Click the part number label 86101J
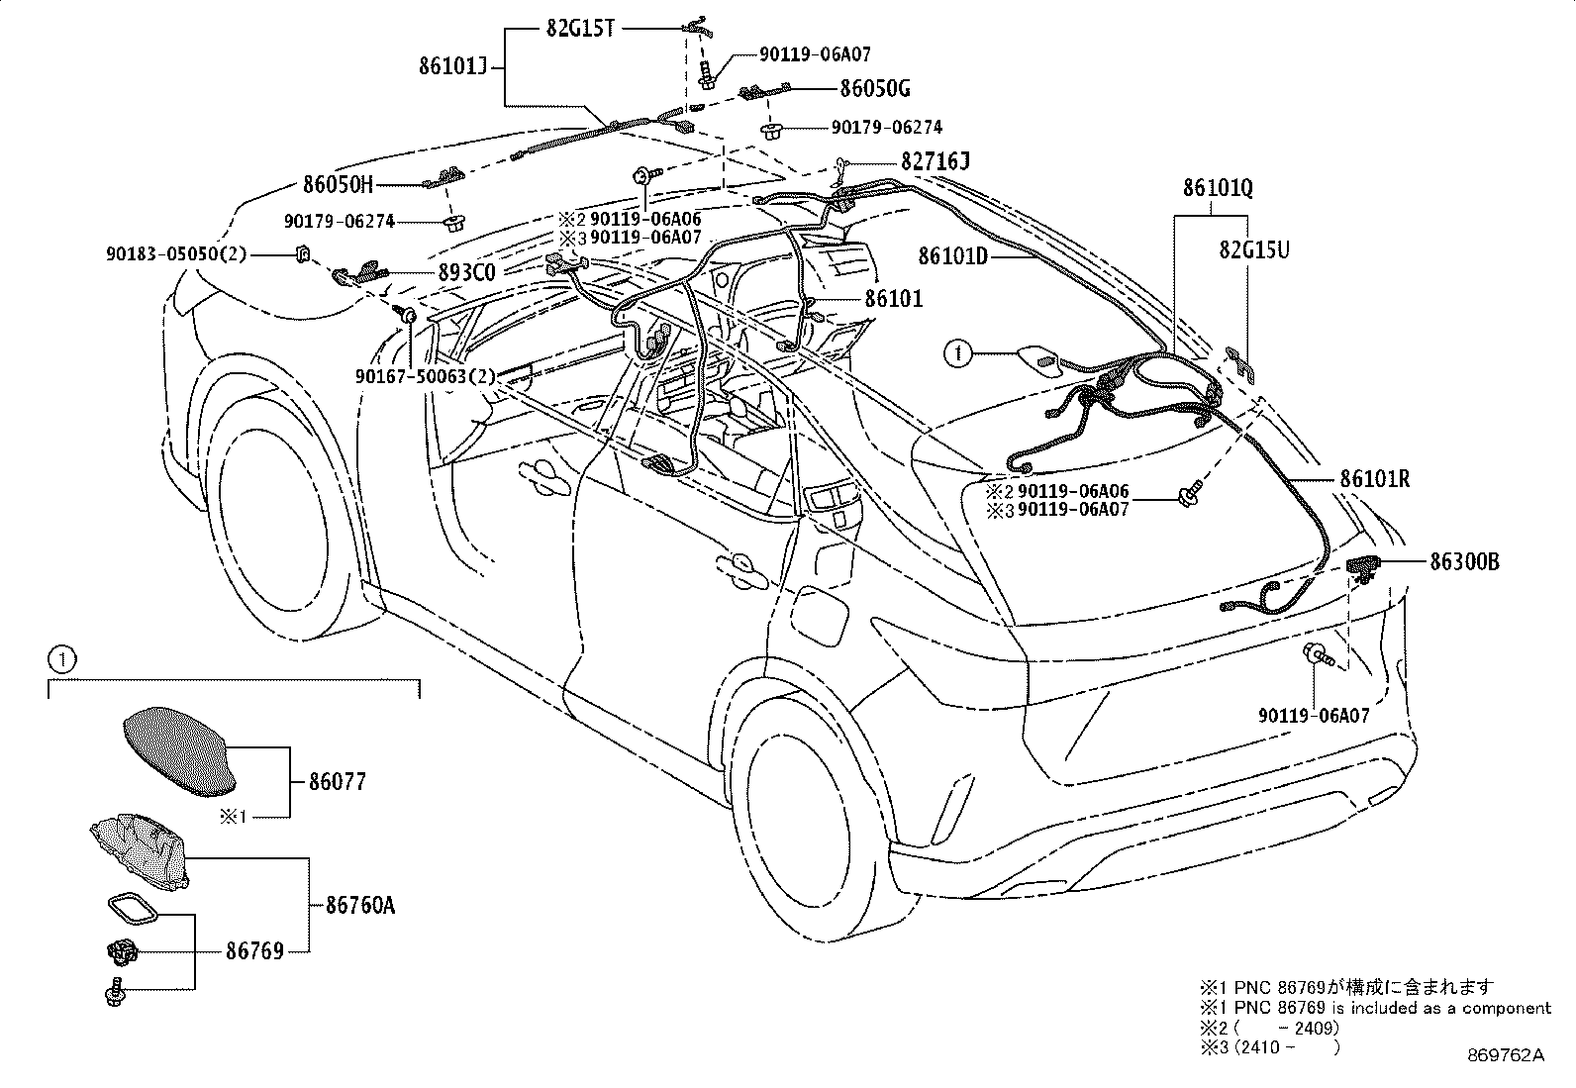(453, 66)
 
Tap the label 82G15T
(580, 29)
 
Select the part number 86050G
(875, 89)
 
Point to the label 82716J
(936, 161)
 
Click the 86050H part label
(339, 184)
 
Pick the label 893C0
(467, 272)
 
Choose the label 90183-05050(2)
(176, 254)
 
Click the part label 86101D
(953, 256)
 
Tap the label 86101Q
(1218, 188)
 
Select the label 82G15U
(1254, 249)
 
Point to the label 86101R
(1375, 479)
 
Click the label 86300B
(1465, 561)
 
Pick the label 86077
(338, 782)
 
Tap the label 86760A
(360, 905)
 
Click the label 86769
(254, 951)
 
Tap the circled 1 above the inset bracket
(62, 660)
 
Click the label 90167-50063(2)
(426, 376)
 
